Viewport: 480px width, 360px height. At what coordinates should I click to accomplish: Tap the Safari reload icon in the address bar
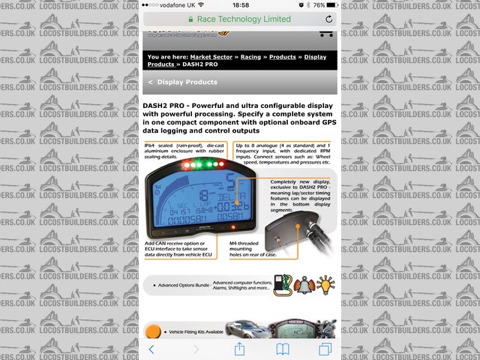(329, 19)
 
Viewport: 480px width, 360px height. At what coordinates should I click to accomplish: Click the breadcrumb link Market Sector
(211, 56)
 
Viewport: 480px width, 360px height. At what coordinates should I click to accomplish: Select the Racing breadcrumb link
(250, 56)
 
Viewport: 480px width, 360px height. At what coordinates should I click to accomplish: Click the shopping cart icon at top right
(326, 34)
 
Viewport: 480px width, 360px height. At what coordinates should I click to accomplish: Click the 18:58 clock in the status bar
(239, 5)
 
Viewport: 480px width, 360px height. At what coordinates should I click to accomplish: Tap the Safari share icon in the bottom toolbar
(240, 349)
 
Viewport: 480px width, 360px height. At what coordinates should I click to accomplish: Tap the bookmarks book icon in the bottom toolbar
(283, 349)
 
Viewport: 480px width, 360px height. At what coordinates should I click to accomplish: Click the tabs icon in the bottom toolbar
(325, 349)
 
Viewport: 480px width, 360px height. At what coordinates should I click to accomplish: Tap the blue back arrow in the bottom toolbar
(151, 349)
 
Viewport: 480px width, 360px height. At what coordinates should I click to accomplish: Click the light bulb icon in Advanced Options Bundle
(325, 285)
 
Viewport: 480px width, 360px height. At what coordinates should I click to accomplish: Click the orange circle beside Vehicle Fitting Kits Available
(153, 331)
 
